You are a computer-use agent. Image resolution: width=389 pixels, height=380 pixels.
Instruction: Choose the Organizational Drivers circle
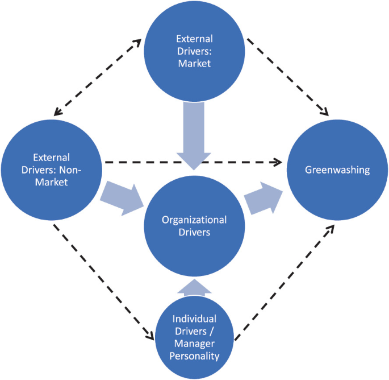(194, 228)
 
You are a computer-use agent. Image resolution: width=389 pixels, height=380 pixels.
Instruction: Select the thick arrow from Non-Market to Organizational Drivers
(120, 196)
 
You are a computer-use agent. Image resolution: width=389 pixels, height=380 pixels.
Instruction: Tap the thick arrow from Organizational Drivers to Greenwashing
(263, 199)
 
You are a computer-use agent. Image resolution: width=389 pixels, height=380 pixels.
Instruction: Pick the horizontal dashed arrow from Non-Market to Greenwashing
(193, 162)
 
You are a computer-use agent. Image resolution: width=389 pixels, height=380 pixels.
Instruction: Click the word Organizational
(194, 220)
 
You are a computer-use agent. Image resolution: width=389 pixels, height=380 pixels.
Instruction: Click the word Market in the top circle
(194, 63)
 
